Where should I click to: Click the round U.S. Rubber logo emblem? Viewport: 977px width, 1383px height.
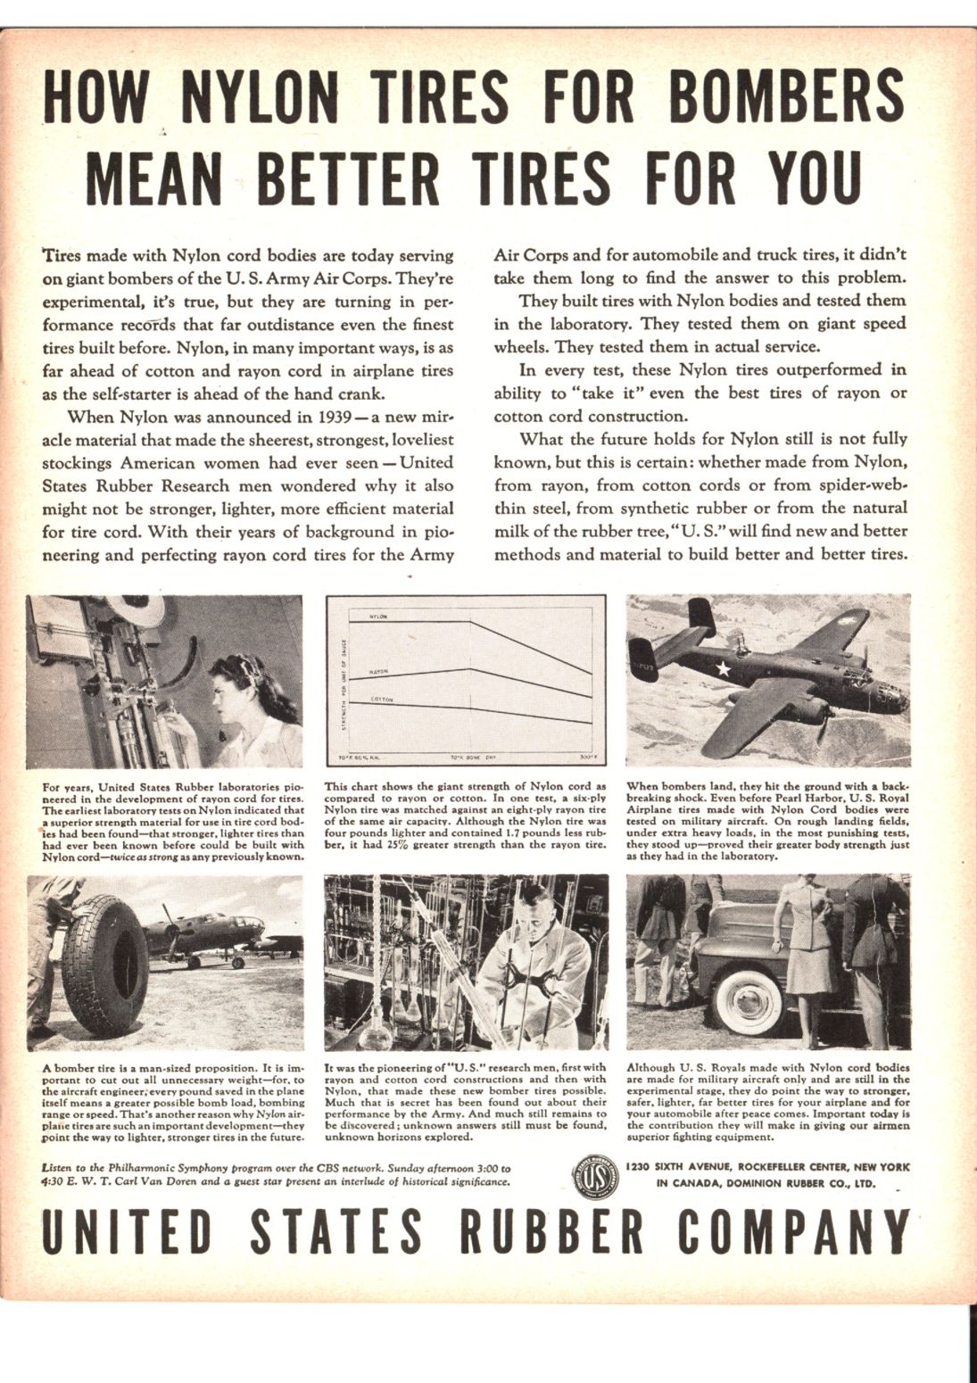coord(594,1175)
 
